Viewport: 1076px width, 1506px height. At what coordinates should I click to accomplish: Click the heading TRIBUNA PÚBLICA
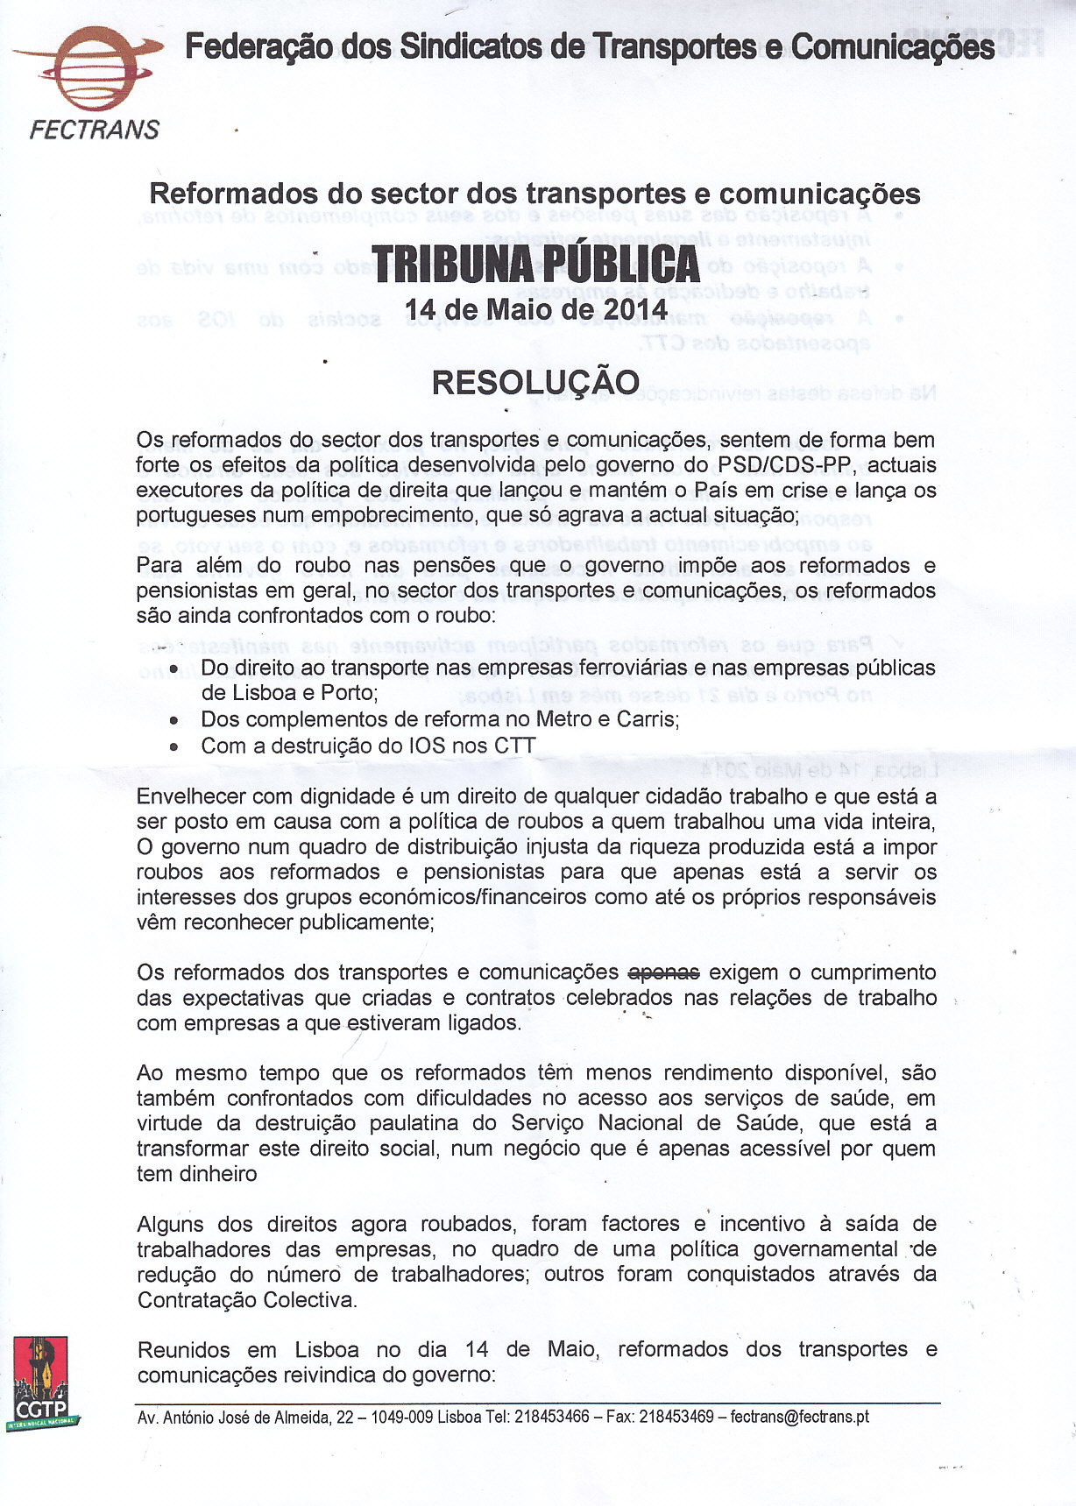535,263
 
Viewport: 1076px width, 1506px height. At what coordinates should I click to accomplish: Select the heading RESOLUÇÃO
535,383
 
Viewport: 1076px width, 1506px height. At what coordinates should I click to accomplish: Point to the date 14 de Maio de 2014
535,310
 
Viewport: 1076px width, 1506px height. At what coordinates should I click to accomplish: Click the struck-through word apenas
664,972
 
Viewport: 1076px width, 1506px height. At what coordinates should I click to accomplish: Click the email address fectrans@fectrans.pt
799,1417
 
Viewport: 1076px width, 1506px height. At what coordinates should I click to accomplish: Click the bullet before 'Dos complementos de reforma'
175,721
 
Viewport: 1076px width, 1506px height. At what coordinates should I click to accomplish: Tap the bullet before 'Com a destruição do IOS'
175,747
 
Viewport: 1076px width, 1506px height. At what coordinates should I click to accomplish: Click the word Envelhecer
190,797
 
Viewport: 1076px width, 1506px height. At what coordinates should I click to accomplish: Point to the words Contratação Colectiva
246,1300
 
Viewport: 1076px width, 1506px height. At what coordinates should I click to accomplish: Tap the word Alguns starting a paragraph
171,1224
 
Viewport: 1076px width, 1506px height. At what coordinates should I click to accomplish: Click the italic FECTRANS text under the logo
95,131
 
